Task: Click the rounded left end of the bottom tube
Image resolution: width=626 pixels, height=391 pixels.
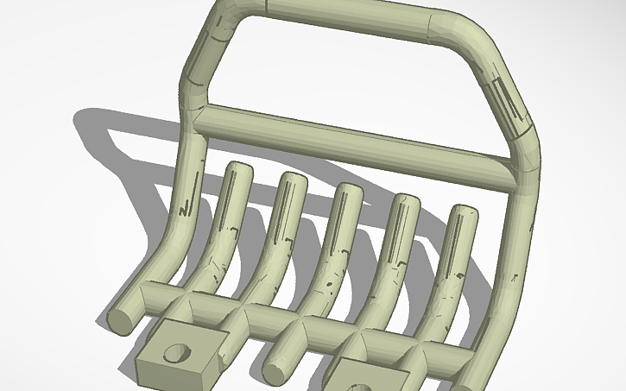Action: coord(118,319)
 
